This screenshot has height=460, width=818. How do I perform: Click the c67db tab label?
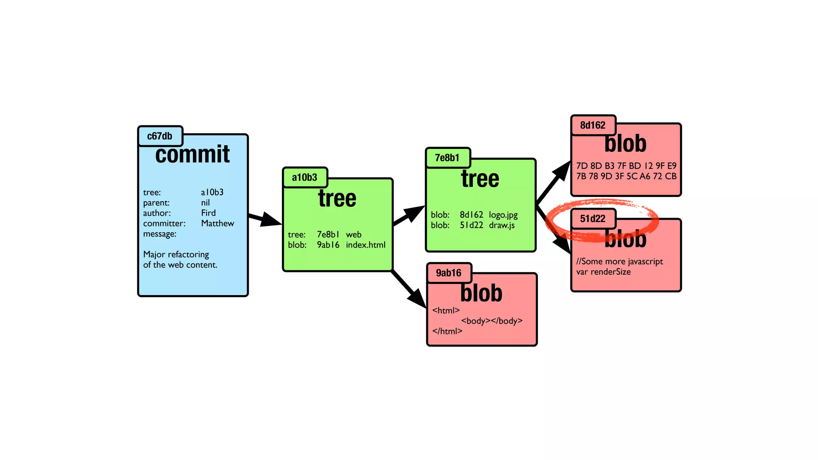(x=160, y=136)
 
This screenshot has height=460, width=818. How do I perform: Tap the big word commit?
(x=193, y=155)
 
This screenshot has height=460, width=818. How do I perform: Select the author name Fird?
(x=208, y=213)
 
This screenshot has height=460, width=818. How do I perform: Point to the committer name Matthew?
(x=217, y=224)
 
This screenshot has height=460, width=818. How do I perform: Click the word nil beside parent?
(x=205, y=203)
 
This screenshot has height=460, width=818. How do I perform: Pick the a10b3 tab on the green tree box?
(x=304, y=177)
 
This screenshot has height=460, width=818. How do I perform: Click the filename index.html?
(x=365, y=245)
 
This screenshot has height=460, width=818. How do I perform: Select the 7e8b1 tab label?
(x=447, y=158)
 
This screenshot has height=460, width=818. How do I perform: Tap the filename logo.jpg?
(x=503, y=215)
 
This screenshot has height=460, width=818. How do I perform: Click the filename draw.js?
(x=502, y=226)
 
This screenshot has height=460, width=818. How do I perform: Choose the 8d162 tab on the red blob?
(x=592, y=125)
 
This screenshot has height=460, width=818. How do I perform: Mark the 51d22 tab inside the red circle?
(x=592, y=219)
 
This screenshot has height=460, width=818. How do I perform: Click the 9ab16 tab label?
(x=448, y=273)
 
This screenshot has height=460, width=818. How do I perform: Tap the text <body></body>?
(x=492, y=321)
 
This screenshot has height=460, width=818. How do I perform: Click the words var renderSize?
(x=603, y=272)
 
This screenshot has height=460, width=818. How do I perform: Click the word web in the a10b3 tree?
(x=353, y=235)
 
